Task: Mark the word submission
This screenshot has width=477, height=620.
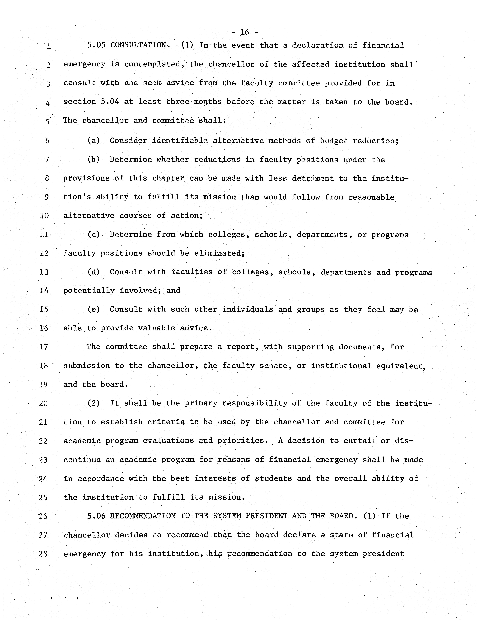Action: click(86, 366)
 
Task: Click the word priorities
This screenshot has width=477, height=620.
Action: click(242, 441)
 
